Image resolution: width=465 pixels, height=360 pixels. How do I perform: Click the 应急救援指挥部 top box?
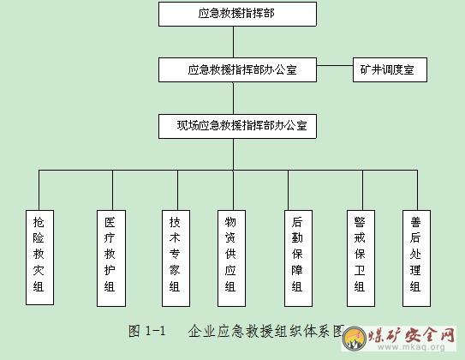pos(237,14)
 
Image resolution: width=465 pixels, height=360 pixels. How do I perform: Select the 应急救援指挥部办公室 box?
pos(237,69)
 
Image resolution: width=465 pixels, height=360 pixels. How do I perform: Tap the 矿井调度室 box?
pos(390,69)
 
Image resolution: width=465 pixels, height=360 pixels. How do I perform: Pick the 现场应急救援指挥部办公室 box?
pos(237,126)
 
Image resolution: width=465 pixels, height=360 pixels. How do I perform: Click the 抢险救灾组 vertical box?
pos(39,257)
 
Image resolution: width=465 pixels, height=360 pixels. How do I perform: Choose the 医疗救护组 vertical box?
pos(111,258)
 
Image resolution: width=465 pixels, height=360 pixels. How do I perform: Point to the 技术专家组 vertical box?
pos(176,258)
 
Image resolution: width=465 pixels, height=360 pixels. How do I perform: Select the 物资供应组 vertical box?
pos(231,258)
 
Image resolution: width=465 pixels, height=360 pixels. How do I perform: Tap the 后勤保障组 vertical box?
pos(298,258)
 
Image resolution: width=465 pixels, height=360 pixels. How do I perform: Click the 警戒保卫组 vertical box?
pos(361,258)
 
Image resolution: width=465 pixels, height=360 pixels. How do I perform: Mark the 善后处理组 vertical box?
pos(416,258)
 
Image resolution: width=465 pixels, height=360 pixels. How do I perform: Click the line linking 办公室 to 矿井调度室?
pos(335,66)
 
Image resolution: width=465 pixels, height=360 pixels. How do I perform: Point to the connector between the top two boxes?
pos(234,42)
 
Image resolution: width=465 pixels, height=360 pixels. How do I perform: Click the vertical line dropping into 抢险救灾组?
pos(39,190)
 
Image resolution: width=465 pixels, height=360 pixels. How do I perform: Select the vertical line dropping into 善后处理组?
pos(417,190)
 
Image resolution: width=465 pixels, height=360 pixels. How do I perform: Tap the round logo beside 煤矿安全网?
pos(354,338)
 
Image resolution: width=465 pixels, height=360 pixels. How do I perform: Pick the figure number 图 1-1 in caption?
pos(146,331)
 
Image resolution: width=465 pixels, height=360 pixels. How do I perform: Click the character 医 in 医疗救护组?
pos(110,222)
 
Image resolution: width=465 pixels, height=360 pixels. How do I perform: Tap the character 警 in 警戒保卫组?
pos(360,222)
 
